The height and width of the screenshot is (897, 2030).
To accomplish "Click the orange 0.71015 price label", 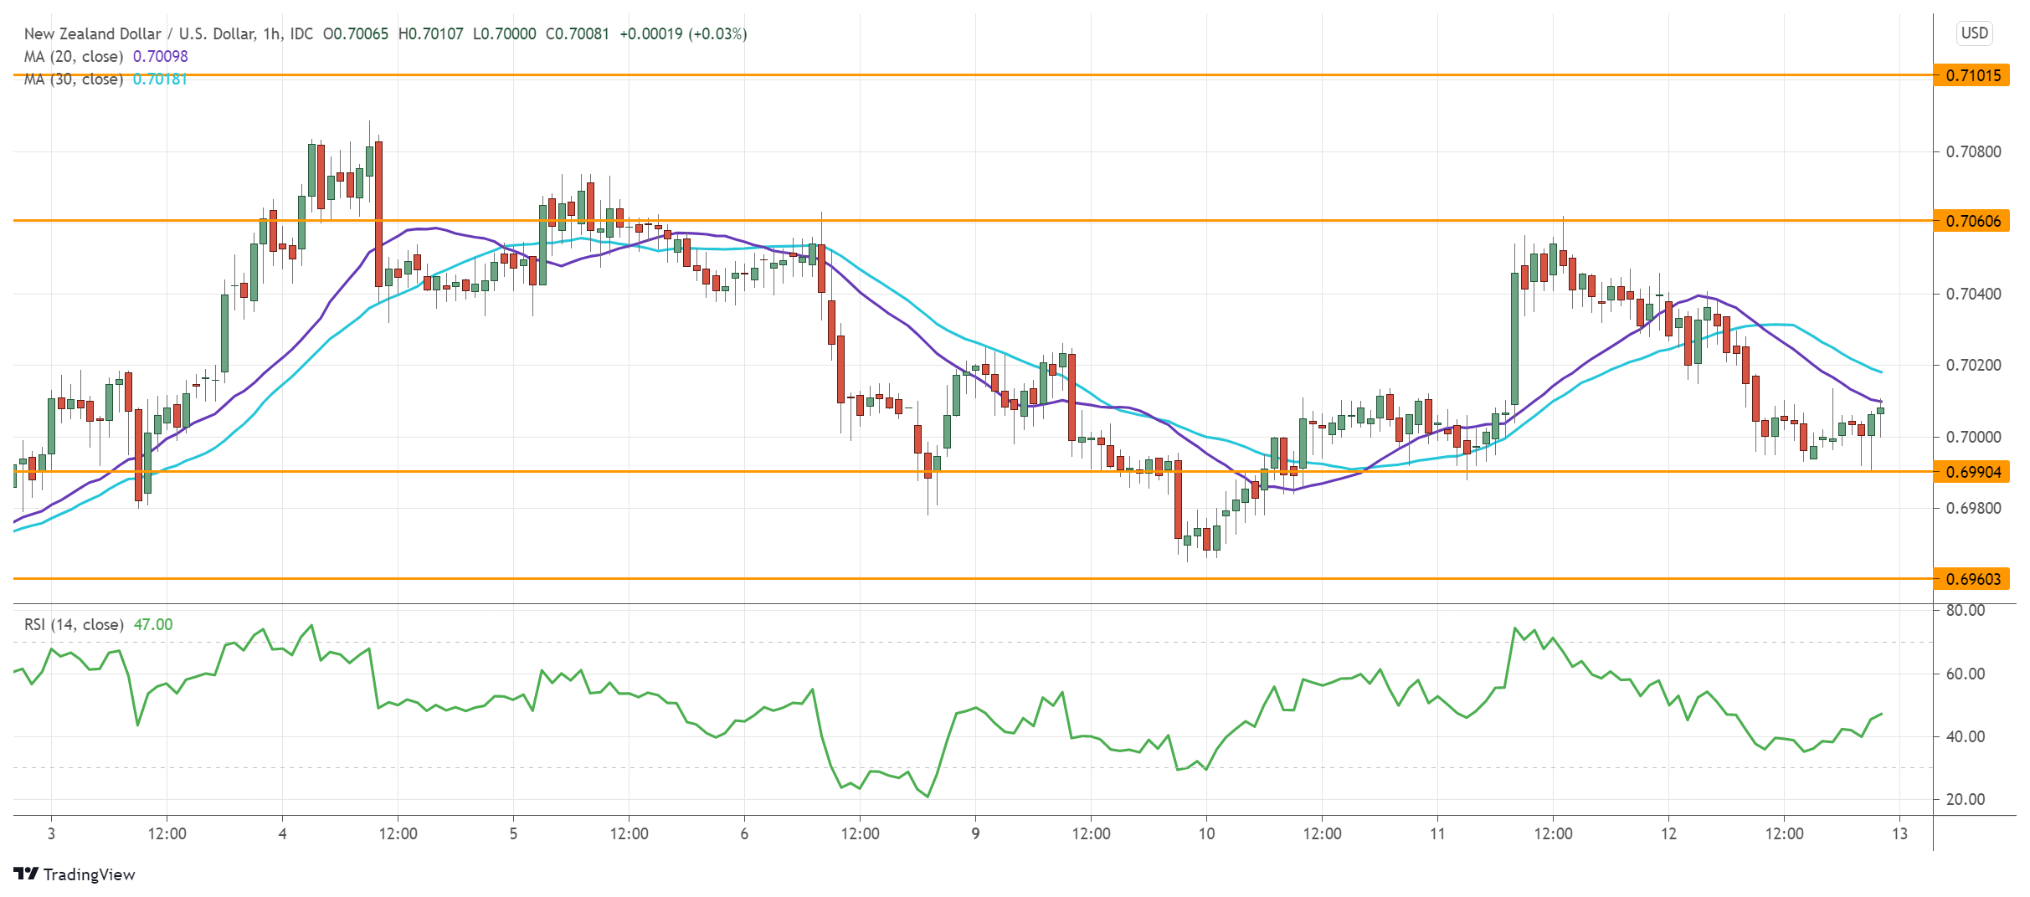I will pyautogui.click(x=1972, y=75).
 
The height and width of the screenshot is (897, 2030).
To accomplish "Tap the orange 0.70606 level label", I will pyautogui.click(x=1972, y=221).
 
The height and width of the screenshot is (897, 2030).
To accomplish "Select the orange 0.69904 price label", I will pyautogui.click(x=1972, y=472).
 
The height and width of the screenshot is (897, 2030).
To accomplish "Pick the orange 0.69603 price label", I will pyautogui.click(x=1972, y=579).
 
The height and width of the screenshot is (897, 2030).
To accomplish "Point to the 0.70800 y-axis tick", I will pyautogui.click(x=1972, y=151).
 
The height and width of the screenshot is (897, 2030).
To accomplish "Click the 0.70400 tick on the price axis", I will pyautogui.click(x=1972, y=294).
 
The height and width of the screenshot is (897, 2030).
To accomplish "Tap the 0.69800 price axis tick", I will pyautogui.click(x=1972, y=508).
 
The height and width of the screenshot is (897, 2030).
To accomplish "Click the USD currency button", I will pyautogui.click(x=1974, y=33).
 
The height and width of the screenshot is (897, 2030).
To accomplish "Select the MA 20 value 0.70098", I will pyautogui.click(x=161, y=56).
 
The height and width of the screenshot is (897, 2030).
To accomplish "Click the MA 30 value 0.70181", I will pyautogui.click(x=161, y=79).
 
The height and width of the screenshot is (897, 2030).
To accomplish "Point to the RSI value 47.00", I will pyautogui.click(x=153, y=624).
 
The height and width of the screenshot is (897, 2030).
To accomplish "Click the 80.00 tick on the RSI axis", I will pyautogui.click(x=1966, y=610).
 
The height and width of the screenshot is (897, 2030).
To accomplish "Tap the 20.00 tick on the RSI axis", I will pyautogui.click(x=1966, y=799).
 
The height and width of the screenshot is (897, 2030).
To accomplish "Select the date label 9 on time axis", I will pyautogui.click(x=975, y=833).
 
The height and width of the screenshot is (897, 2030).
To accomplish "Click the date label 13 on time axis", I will pyautogui.click(x=1899, y=833).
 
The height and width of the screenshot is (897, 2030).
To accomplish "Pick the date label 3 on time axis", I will pyautogui.click(x=51, y=833).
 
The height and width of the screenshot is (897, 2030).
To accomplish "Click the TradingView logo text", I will pyautogui.click(x=88, y=874).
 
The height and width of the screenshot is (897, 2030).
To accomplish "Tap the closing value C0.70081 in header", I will pyautogui.click(x=578, y=33).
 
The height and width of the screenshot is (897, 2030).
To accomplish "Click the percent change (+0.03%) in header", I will pyautogui.click(x=717, y=33).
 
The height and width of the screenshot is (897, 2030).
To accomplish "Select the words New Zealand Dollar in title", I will pyautogui.click(x=92, y=33).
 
